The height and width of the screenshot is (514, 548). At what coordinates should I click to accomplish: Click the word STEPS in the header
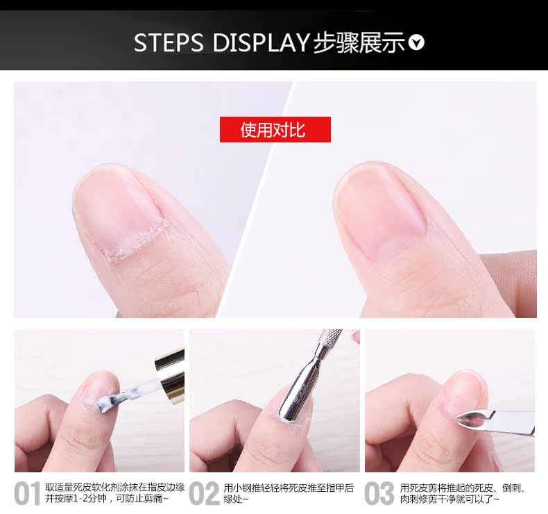click(169, 42)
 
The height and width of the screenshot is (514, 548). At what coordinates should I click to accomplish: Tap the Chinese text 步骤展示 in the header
click(359, 42)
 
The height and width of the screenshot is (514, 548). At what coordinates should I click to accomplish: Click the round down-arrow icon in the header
click(416, 43)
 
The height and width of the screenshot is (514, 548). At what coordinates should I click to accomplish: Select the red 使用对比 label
click(275, 130)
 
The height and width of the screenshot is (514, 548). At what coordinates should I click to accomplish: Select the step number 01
click(27, 494)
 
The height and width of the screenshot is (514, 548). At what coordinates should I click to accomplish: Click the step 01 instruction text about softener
click(115, 493)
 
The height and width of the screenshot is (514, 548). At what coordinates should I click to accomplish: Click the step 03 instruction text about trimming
click(466, 493)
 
